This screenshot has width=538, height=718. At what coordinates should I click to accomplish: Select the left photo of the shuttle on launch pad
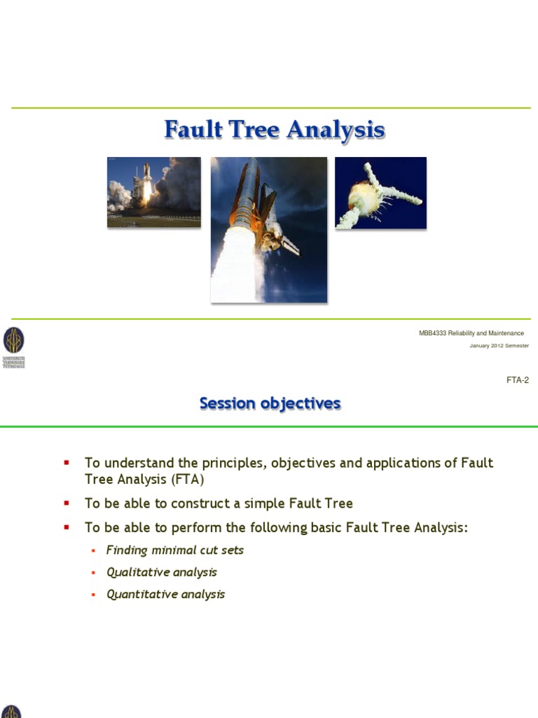pyautogui.click(x=153, y=192)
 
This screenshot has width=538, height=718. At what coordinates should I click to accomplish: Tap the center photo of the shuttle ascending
pyautogui.click(x=269, y=229)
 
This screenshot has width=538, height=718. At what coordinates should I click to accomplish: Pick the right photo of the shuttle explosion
pyautogui.click(x=380, y=192)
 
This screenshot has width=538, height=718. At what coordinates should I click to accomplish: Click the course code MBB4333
pyautogui.click(x=433, y=333)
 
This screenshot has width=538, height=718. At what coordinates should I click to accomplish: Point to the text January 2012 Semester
pyautogui.click(x=499, y=346)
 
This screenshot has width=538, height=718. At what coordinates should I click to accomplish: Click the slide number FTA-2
pyautogui.click(x=517, y=381)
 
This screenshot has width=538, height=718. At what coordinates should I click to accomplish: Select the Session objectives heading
pyautogui.click(x=270, y=404)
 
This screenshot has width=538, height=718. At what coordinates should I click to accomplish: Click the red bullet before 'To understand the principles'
pyautogui.click(x=67, y=463)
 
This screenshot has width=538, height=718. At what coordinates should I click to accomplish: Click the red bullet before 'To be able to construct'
pyautogui.click(x=67, y=503)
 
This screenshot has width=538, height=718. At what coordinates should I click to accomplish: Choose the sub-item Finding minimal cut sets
pyautogui.click(x=175, y=550)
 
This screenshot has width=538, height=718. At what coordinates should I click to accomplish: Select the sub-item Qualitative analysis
pyautogui.click(x=162, y=572)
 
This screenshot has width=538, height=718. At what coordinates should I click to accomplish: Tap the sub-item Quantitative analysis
pyautogui.click(x=166, y=595)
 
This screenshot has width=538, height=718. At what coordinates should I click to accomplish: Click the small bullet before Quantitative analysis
pyautogui.click(x=93, y=595)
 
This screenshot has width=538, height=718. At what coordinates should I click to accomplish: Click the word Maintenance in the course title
pyautogui.click(x=506, y=333)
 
